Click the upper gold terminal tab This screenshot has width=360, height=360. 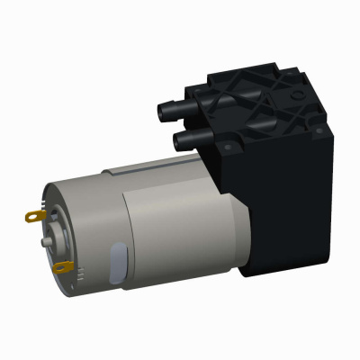[32, 216]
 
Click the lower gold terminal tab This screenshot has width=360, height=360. [61, 267]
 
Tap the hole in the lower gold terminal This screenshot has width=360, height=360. [58, 267]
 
